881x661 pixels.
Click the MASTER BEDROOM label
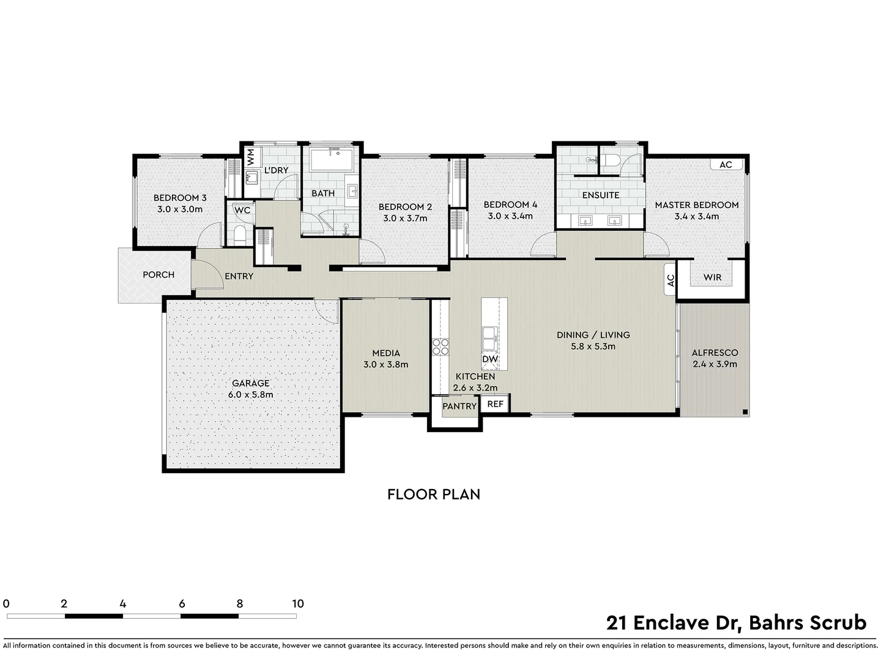pyautogui.click(x=696, y=205)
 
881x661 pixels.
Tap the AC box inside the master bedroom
pyautogui.click(x=726, y=165)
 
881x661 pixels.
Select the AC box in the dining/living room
pyautogui.click(x=671, y=280)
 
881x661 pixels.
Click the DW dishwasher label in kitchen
pyautogui.click(x=490, y=359)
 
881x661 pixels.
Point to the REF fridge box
pyautogui.click(x=495, y=404)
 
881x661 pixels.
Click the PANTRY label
pyautogui.click(x=459, y=406)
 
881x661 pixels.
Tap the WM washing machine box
pyautogui.click(x=251, y=157)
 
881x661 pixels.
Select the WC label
pyautogui.click(x=242, y=211)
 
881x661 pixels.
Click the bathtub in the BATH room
pyautogui.click(x=332, y=160)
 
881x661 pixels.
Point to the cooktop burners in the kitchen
pyautogui.click(x=441, y=347)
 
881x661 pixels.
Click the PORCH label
pyautogui.click(x=158, y=275)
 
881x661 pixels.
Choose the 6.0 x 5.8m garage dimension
pyautogui.click(x=250, y=395)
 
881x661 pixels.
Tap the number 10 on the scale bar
pyautogui.click(x=297, y=603)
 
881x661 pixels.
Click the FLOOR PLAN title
pyautogui.click(x=433, y=494)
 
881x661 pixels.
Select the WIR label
pyautogui.click(x=712, y=277)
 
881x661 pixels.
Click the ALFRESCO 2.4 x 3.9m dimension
pyautogui.click(x=715, y=364)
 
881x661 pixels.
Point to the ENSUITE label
pyautogui.click(x=600, y=195)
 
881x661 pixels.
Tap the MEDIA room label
pyautogui.click(x=385, y=353)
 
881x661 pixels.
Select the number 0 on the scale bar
pyautogui.click(x=6, y=603)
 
